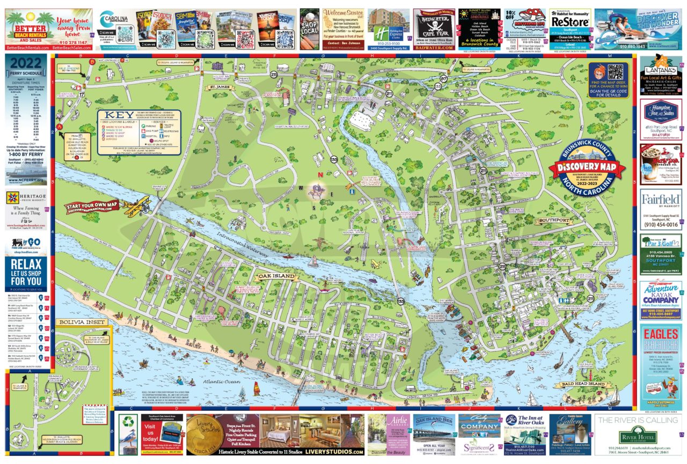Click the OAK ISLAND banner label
click(276, 276)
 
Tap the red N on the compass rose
click(320, 174)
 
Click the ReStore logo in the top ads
click(570, 21)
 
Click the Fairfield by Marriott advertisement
click(661, 200)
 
